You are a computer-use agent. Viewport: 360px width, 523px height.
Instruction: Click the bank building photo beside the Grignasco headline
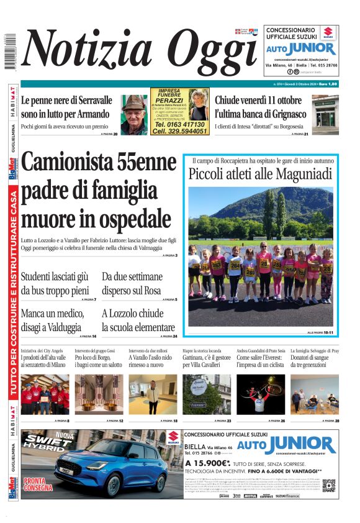pyautogui.click(x=325, y=114)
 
